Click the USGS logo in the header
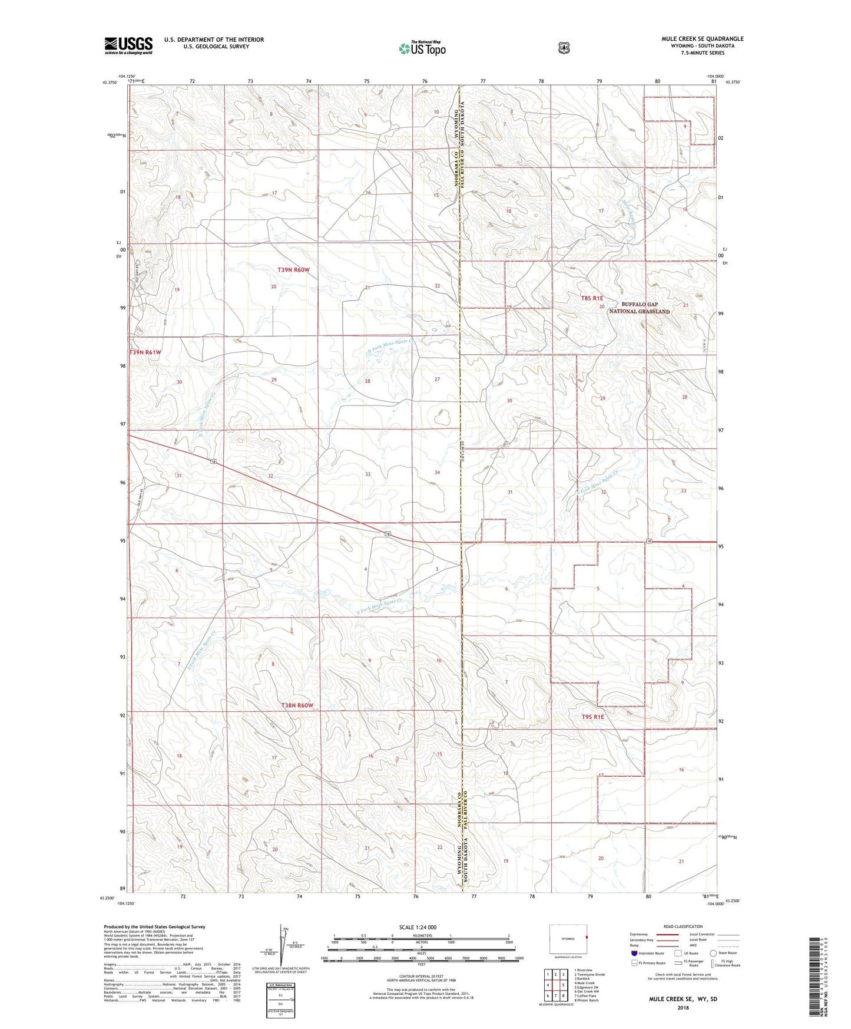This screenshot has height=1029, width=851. tap(128, 45)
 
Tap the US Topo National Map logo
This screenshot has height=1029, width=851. tap(421, 48)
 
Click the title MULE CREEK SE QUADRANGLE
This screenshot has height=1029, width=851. tap(702, 39)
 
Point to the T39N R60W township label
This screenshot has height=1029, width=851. tap(293, 270)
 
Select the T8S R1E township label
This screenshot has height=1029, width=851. tap(592, 299)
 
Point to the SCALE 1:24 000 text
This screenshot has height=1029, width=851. tap(418, 928)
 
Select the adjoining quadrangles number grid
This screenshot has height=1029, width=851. tap(555, 984)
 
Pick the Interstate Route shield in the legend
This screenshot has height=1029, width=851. tap(634, 953)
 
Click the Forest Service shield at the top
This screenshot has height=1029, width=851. tap(564, 48)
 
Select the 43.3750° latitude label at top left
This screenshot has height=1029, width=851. tap(109, 83)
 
